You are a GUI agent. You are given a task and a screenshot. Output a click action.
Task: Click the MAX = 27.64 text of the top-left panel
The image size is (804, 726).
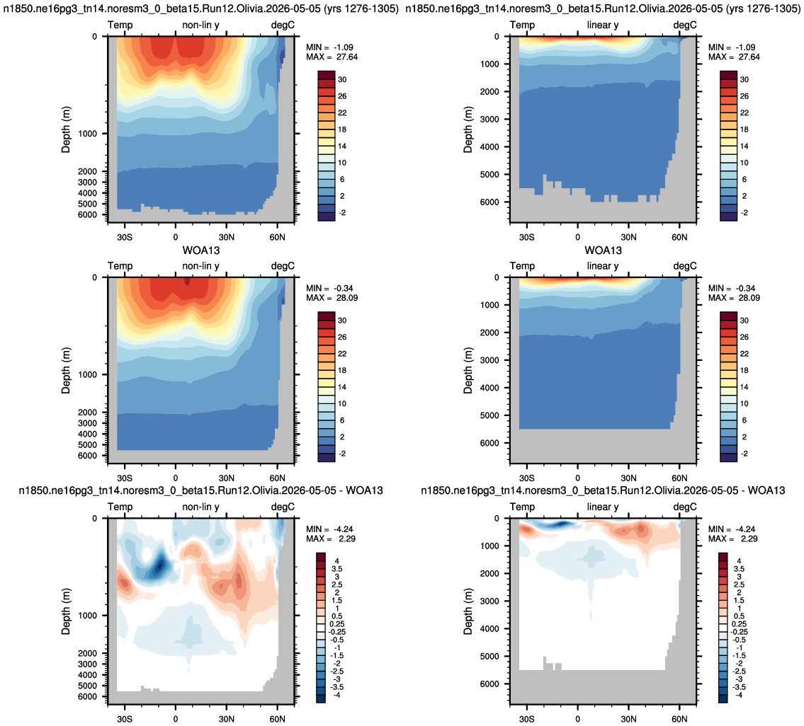tap(332, 57)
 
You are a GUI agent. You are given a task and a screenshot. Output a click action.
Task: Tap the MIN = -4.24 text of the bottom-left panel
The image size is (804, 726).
tap(329, 529)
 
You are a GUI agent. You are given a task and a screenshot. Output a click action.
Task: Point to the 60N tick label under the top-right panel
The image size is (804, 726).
tap(679, 237)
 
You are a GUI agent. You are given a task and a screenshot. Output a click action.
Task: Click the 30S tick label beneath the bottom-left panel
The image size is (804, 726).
tap(125, 719)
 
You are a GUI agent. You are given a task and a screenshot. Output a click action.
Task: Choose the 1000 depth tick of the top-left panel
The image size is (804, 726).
tap(87, 134)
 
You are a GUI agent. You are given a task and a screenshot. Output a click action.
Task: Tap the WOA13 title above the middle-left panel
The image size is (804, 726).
tap(201, 250)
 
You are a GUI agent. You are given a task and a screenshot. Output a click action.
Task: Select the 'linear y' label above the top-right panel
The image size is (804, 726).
tap(603, 25)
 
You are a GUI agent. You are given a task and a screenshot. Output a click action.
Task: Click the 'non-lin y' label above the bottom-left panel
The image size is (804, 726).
tap(200, 507)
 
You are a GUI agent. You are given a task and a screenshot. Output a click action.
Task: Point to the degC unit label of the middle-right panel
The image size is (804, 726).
tap(685, 266)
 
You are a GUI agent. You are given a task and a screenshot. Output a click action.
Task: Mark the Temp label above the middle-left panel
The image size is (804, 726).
tap(120, 266)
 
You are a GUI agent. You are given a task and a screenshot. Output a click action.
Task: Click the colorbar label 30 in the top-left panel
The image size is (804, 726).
tap(342, 79)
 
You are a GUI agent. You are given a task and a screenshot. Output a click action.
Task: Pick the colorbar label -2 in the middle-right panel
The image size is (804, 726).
tap(743, 454)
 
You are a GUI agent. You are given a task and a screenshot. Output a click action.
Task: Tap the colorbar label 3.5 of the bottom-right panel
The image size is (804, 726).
tap(739, 569)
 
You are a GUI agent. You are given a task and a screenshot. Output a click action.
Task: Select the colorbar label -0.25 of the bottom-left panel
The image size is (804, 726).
tap(337, 632)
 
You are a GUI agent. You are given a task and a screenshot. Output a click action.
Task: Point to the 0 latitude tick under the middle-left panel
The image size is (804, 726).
tap(176, 478)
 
